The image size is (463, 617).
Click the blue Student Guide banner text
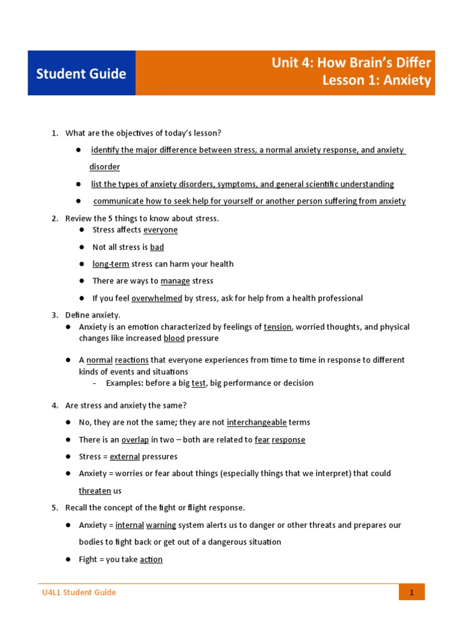[x=81, y=74]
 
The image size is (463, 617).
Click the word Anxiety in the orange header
[x=408, y=81]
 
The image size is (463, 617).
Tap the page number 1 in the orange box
[x=412, y=592]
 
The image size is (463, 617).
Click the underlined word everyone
[x=160, y=230]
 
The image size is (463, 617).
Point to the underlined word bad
[x=157, y=247]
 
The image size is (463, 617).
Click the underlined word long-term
[x=110, y=264]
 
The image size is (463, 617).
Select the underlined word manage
[x=175, y=281]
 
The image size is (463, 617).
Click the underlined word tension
[x=278, y=327]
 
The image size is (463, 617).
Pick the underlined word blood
[x=174, y=339]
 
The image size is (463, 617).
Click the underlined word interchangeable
[x=256, y=422]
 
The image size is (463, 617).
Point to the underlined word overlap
[x=135, y=440]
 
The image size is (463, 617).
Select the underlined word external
[x=124, y=457]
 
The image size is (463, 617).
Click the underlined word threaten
[x=95, y=491]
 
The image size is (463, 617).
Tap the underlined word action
[x=151, y=560]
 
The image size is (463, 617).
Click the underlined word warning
[x=161, y=525]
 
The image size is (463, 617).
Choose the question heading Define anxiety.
[x=93, y=315]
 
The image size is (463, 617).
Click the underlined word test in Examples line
[x=198, y=383]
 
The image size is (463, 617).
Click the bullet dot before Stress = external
[x=69, y=457]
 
